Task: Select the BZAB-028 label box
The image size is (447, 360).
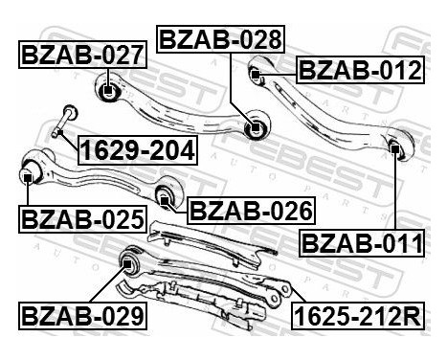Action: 220,40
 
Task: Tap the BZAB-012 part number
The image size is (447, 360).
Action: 359,70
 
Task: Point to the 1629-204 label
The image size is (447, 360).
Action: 136,150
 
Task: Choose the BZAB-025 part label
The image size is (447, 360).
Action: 82,219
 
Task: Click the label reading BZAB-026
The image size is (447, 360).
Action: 249,210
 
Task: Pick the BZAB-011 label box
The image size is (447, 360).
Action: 362,244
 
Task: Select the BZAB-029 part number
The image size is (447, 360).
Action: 82,314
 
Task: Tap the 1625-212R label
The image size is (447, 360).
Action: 356,314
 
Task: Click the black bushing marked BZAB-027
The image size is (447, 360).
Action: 108,93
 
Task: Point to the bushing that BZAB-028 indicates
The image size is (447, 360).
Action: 254,126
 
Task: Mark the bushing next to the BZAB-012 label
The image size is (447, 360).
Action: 257,70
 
